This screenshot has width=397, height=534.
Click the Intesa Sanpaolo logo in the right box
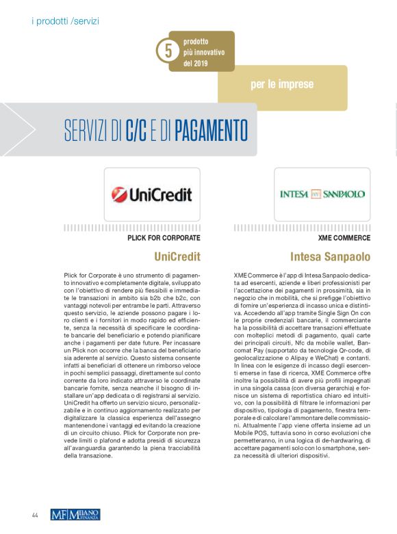[322, 194]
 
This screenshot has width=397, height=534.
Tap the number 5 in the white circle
[166, 51]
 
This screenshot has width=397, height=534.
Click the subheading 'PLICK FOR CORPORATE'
[164, 238]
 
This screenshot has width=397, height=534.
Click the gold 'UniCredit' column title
[177, 257]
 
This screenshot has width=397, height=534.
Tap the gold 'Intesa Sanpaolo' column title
[330, 257]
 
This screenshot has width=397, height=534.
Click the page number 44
[34, 513]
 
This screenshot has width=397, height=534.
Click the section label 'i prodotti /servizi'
[65, 21]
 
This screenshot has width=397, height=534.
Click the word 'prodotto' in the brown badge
[196, 41]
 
